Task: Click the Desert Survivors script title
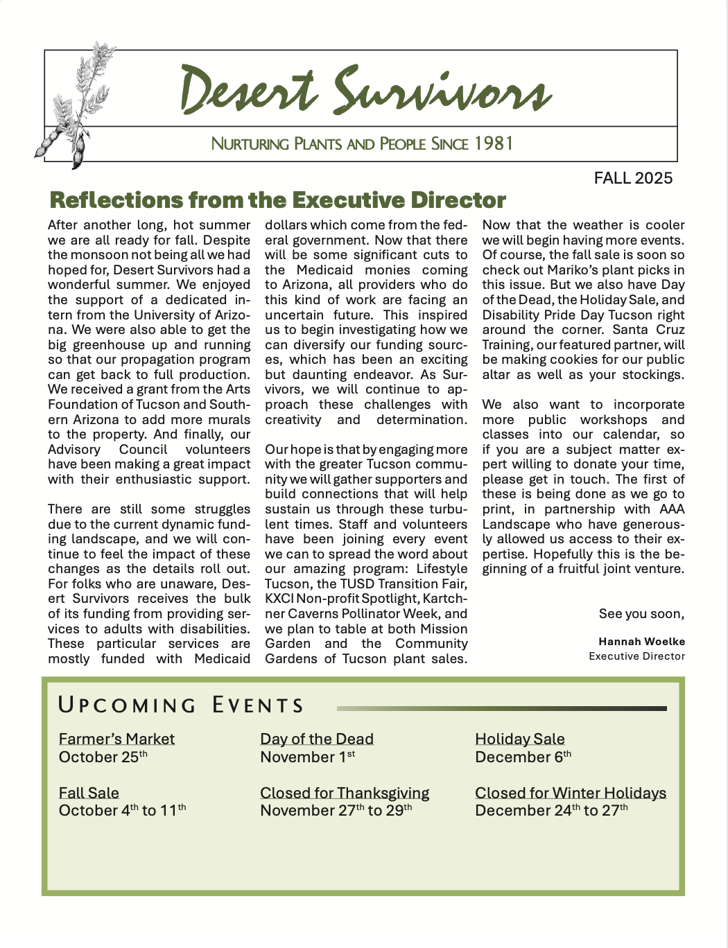point(365,91)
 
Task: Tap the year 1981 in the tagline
point(494,143)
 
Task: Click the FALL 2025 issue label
point(633,178)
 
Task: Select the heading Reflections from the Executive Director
point(278,200)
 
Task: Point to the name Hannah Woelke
point(641,642)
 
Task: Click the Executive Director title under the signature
point(636,656)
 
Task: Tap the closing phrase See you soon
point(641,614)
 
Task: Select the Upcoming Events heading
point(181,705)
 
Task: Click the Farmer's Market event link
point(116,739)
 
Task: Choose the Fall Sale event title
point(89,793)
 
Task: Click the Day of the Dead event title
point(317,739)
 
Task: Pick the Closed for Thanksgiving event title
point(345,793)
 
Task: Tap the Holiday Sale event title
point(520,739)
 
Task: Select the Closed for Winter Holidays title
point(571,793)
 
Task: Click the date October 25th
point(103,757)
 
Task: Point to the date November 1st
point(307,757)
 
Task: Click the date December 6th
point(523,757)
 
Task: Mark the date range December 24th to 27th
point(551,811)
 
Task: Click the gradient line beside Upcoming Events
point(501,708)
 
